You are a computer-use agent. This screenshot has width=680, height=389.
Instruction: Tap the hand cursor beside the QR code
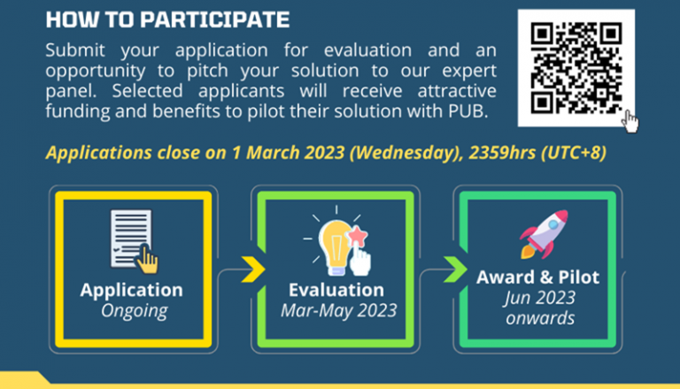[630, 121]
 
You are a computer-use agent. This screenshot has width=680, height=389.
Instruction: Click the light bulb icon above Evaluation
[336, 244]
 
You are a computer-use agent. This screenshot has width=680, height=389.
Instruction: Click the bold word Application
[131, 290]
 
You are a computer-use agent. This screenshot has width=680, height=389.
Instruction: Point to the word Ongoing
[131, 310]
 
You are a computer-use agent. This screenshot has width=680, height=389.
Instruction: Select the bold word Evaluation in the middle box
[336, 290]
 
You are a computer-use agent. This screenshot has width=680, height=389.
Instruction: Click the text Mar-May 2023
[336, 310]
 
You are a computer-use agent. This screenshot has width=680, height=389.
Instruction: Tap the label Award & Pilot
[537, 278]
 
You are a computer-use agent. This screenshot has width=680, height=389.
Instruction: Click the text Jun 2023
[537, 298]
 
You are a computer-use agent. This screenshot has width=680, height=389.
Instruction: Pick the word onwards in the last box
[537, 318]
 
